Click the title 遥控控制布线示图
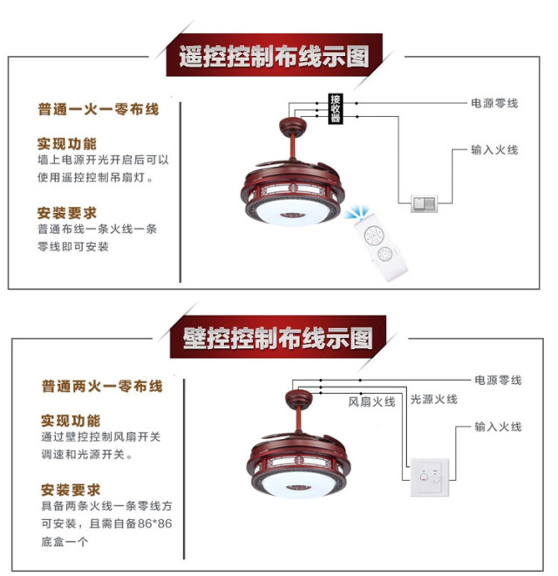(274, 57)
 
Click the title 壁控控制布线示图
(277, 338)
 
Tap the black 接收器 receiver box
(335, 108)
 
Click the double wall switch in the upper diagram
(425, 203)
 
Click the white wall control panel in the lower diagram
(430, 477)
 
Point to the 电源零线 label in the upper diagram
(494, 103)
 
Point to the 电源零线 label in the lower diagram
(498, 380)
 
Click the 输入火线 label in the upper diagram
(494, 149)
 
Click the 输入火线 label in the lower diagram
(498, 427)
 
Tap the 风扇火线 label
(371, 401)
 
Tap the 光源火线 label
(434, 400)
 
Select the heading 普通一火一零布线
(99, 109)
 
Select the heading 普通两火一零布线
(102, 386)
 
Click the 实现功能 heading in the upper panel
(67, 144)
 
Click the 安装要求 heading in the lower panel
(71, 490)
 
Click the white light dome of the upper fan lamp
(292, 213)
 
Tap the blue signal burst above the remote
(357, 213)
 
